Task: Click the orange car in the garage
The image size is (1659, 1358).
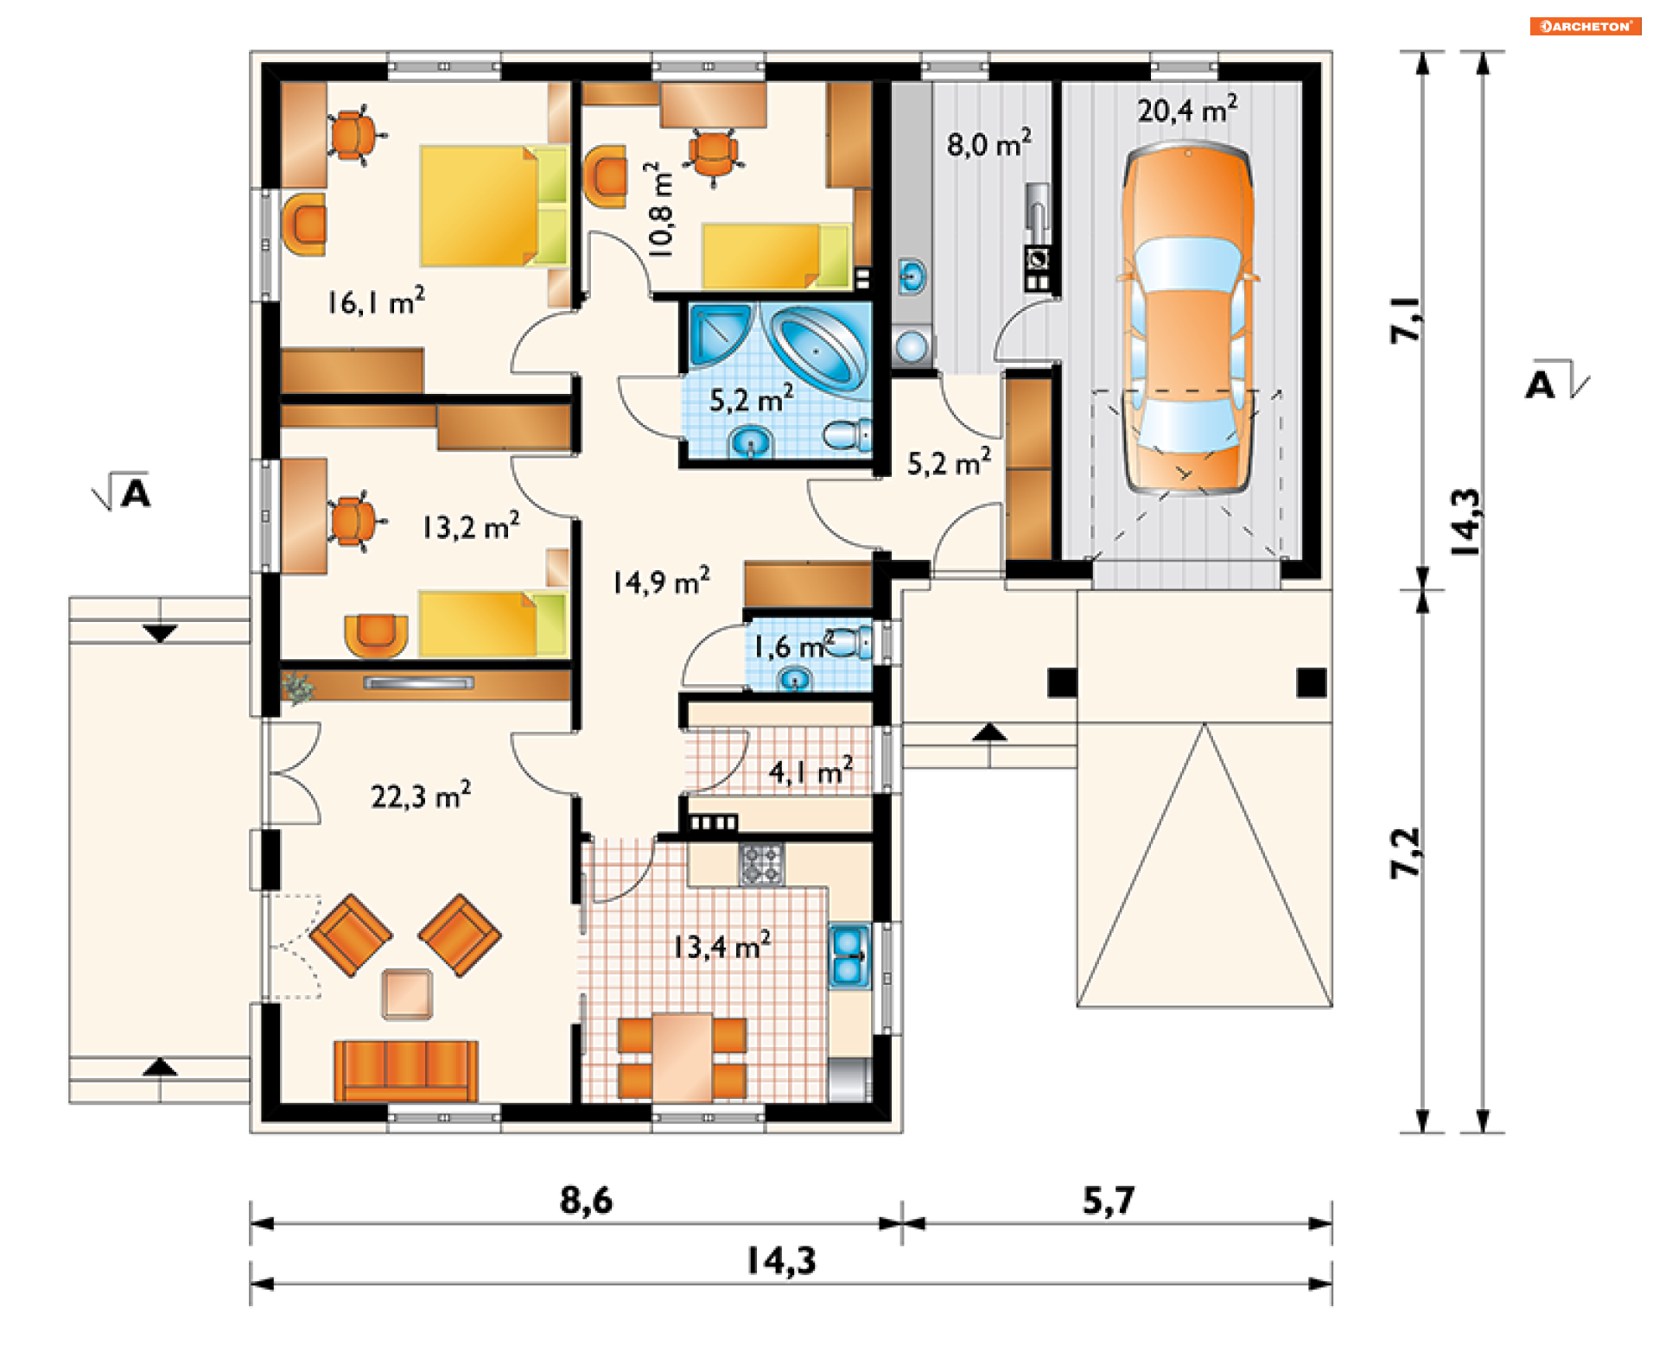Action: [x=1188, y=320]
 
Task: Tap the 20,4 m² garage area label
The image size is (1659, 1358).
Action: [x=1187, y=110]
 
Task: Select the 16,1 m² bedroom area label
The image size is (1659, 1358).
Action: [x=376, y=301]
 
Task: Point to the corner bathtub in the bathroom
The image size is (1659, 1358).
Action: [x=817, y=348]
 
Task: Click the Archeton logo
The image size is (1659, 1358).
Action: [x=1586, y=27]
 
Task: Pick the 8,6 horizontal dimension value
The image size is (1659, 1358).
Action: [x=586, y=1200]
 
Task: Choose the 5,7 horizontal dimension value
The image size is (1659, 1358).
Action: [x=1109, y=1200]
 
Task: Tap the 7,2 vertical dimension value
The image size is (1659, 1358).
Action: [x=1406, y=853]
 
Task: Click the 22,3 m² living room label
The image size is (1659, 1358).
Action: [x=421, y=796]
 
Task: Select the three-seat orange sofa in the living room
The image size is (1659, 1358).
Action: [x=405, y=1070]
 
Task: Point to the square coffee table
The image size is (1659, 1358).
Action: [x=407, y=993]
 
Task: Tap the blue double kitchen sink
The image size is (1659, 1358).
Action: [x=849, y=955]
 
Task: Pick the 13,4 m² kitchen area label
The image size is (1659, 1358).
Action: [x=721, y=947]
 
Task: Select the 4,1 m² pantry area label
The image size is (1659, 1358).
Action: [x=810, y=771]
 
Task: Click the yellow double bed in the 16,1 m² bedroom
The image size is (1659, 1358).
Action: [x=493, y=206]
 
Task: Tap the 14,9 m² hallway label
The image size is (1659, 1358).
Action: [x=661, y=581]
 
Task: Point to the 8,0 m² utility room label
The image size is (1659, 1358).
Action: [x=989, y=143]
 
